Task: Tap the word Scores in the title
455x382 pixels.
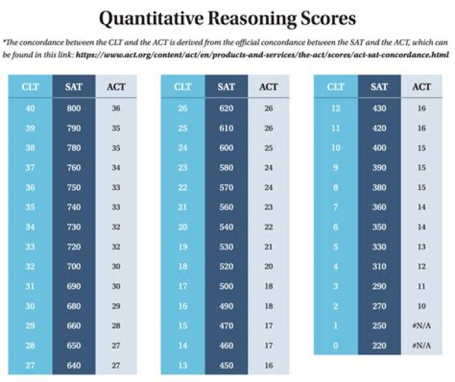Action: [325, 20]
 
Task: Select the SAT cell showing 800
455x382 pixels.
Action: [73, 108]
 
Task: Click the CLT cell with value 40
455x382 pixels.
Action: [30, 108]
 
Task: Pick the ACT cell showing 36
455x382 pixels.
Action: [116, 108]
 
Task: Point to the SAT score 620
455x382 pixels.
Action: [226, 108]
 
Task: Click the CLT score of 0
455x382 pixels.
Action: [335, 345]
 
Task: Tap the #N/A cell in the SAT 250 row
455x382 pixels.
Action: [422, 325]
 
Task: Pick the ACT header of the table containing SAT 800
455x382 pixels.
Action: [116, 87]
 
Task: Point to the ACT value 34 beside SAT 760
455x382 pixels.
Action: [116, 167]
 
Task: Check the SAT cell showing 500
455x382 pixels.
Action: [226, 285]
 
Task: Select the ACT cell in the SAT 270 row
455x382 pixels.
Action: [422, 306]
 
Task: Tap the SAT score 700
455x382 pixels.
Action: [73, 266]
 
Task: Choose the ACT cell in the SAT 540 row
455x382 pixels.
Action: [269, 227]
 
